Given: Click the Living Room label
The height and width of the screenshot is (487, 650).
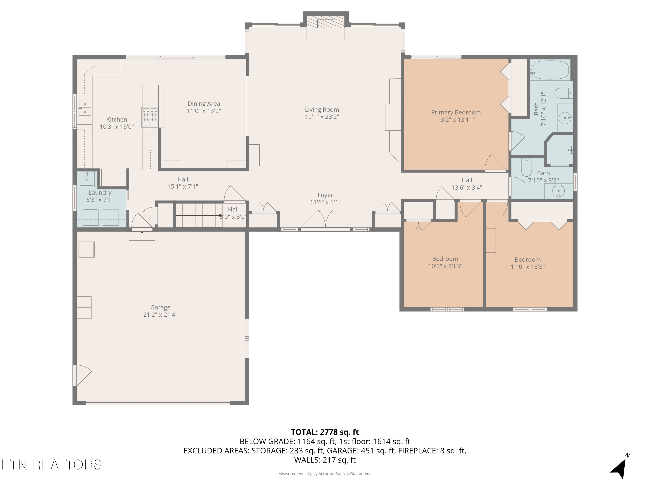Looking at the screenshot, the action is [x=322, y=110].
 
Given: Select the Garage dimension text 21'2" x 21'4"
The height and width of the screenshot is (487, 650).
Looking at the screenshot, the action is [x=161, y=315].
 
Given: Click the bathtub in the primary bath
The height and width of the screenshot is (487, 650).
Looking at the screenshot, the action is [x=549, y=70].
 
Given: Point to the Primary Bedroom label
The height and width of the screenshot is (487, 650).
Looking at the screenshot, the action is [x=456, y=112].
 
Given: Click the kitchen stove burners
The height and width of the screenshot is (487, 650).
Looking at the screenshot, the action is [x=150, y=117].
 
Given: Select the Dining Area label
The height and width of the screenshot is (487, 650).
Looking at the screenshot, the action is [x=204, y=104].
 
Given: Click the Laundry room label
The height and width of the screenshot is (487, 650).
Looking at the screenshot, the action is [x=100, y=193].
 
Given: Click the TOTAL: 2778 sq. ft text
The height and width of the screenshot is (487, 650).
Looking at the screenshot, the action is [x=325, y=432].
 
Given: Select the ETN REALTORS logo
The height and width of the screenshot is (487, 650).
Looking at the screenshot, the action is [x=52, y=465].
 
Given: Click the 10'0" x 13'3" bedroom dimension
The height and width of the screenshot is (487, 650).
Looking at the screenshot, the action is [x=445, y=266].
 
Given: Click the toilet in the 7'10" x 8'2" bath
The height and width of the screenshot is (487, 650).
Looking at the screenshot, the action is [x=526, y=167].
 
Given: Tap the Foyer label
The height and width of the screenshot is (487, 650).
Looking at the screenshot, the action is [x=325, y=195].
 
